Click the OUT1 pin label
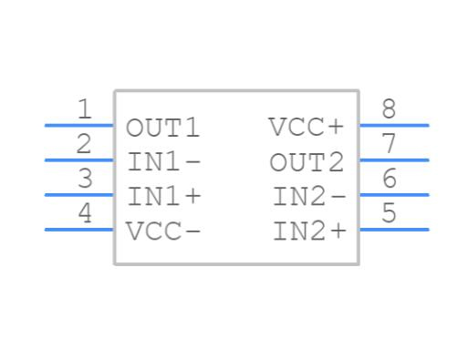pos(162,128)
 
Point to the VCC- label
pos(163,231)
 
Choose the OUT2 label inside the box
pos(307,162)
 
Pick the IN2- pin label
pos(310,196)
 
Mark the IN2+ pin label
pos(310,231)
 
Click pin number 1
pos(85,110)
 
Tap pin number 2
pos(85,144)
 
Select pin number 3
pos(85,179)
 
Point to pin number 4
pos(85,213)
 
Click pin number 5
pos(389,213)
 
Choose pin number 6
pos(389,179)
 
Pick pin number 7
pos(389,144)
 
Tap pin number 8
pos(389,110)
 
